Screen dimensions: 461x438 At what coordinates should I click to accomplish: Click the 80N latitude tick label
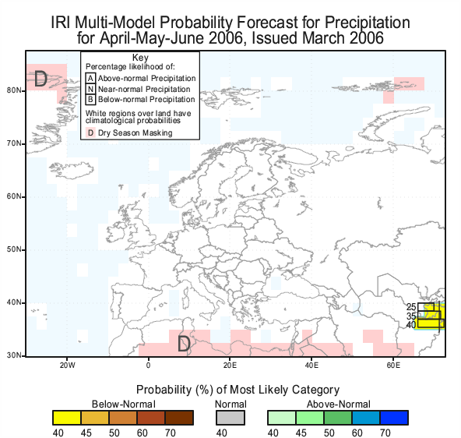(13, 90)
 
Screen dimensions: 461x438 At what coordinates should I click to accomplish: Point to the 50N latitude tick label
(13, 249)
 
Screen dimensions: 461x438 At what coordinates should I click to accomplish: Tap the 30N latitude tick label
(13, 355)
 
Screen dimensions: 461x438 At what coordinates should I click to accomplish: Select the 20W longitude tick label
(68, 366)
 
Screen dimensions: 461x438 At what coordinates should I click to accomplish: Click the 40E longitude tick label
(311, 366)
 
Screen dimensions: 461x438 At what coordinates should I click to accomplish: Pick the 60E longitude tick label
(393, 366)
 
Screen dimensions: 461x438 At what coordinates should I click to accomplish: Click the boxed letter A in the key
(90, 79)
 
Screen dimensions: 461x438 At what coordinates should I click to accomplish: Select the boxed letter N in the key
(90, 89)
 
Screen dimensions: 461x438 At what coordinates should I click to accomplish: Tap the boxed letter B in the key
(90, 100)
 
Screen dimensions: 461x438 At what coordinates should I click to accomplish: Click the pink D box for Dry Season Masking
(90, 132)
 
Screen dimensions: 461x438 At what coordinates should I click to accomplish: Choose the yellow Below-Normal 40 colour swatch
(67, 418)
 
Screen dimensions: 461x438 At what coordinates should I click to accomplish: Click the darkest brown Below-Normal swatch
(179, 418)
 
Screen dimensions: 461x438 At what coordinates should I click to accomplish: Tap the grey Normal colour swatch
(230, 418)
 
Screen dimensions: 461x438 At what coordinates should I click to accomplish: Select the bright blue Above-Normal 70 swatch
(394, 418)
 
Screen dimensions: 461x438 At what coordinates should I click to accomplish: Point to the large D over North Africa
(184, 343)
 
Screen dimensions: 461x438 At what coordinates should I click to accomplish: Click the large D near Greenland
(40, 79)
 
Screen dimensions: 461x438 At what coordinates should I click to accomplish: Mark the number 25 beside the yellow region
(411, 307)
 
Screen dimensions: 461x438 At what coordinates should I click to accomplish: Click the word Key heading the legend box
(140, 58)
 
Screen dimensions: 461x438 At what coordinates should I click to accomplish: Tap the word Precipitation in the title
(368, 23)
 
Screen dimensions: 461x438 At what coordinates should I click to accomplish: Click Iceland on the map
(72, 171)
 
